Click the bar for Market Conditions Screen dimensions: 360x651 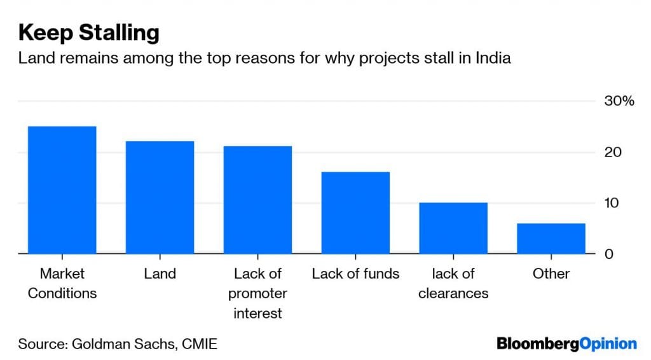[x=62, y=190]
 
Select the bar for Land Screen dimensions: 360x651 [x=160, y=197]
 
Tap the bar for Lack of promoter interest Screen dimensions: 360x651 [x=257, y=200]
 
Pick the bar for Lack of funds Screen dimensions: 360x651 [x=355, y=212]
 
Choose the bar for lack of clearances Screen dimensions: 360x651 [x=453, y=228]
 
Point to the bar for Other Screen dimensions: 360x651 [x=551, y=239]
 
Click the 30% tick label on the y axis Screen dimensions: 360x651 [x=618, y=101]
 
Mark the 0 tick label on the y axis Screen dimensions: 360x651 [x=608, y=254]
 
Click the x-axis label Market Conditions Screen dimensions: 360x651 [x=62, y=283]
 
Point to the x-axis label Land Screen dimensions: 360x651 [x=160, y=273]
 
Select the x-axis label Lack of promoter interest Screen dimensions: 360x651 [x=257, y=293]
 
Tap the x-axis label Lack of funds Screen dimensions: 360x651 [x=355, y=273]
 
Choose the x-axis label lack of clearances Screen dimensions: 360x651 [x=453, y=283]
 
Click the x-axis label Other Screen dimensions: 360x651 [x=551, y=273]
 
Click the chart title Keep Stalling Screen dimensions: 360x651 [x=88, y=32]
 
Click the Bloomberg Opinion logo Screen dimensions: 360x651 [x=566, y=344]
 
